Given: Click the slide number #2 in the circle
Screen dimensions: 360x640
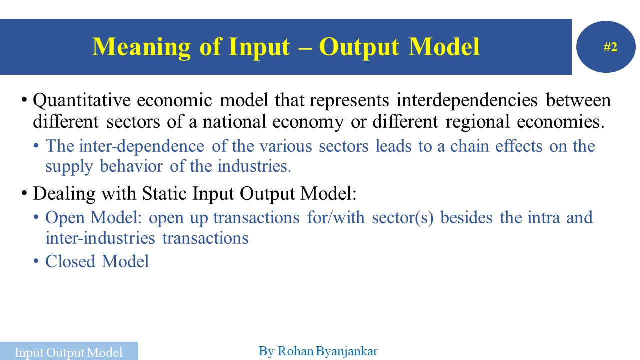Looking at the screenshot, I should click(610, 47).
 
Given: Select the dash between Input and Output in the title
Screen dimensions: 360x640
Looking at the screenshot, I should click(304, 48).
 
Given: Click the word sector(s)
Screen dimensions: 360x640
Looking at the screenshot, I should click(402, 217).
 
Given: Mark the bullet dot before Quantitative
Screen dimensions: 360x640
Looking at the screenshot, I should click(24, 101).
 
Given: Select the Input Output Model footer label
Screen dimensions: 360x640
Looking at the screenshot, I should click(68, 352).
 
